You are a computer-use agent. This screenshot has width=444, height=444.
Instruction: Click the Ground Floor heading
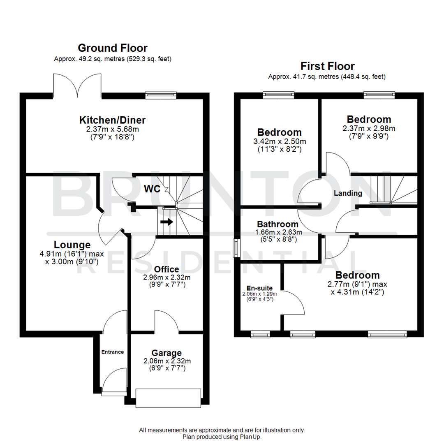pyautogui.click(x=112, y=48)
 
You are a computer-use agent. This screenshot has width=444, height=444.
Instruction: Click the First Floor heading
pyautogui.click(x=327, y=66)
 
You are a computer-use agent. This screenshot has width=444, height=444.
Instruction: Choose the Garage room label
pyautogui.click(x=166, y=353)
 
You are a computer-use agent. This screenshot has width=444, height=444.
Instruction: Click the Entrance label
pyautogui.click(x=113, y=352)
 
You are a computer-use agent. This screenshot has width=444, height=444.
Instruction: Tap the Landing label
pyautogui.click(x=348, y=193)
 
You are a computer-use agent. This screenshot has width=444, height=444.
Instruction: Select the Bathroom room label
pyautogui.click(x=277, y=224)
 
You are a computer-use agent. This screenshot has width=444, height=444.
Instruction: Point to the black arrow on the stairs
pyautogui.click(x=166, y=222)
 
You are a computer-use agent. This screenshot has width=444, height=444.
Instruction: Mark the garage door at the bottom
pyautogui.click(x=169, y=398)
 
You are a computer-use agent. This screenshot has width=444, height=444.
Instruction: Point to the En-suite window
pyautogui.click(x=259, y=335)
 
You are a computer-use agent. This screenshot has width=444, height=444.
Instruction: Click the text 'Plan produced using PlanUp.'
pyautogui.click(x=222, y=437)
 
